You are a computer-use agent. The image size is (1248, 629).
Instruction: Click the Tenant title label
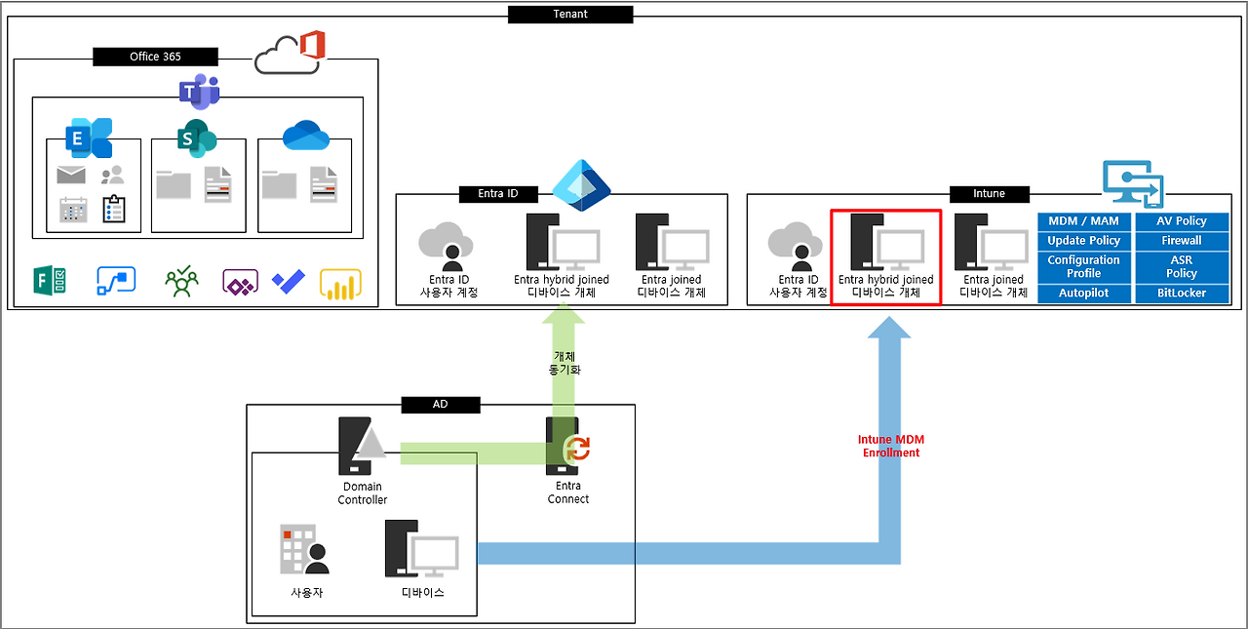(x=569, y=15)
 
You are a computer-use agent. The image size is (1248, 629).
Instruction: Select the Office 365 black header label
(x=155, y=57)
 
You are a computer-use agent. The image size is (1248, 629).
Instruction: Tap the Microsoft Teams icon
(x=199, y=91)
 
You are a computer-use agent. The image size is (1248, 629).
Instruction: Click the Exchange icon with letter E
(x=88, y=138)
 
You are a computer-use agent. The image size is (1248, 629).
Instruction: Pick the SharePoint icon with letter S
(x=196, y=138)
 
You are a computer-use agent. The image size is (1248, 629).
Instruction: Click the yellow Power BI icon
(x=340, y=284)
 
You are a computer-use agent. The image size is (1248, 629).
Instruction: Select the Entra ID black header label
(x=497, y=193)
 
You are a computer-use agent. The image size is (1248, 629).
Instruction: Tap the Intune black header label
(x=989, y=193)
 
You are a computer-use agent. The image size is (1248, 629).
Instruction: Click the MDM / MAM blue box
(x=1083, y=221)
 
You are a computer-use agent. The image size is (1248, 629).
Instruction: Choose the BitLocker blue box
(x=1182, y=293)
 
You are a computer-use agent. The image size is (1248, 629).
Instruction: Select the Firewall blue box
(x=1182, y=240)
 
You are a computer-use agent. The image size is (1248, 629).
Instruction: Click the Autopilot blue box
(x=1083, y=293)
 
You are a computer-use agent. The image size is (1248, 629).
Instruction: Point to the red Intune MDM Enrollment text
(x=888, y=446)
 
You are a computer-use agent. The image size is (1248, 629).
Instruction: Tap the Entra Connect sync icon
(x=579, y=449)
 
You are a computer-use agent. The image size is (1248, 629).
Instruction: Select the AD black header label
(x=440, y=404)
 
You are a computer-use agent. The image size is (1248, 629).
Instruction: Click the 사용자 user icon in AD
(x=304, y=550)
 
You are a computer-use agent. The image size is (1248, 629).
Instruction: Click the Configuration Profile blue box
(x=1083, y=266)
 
